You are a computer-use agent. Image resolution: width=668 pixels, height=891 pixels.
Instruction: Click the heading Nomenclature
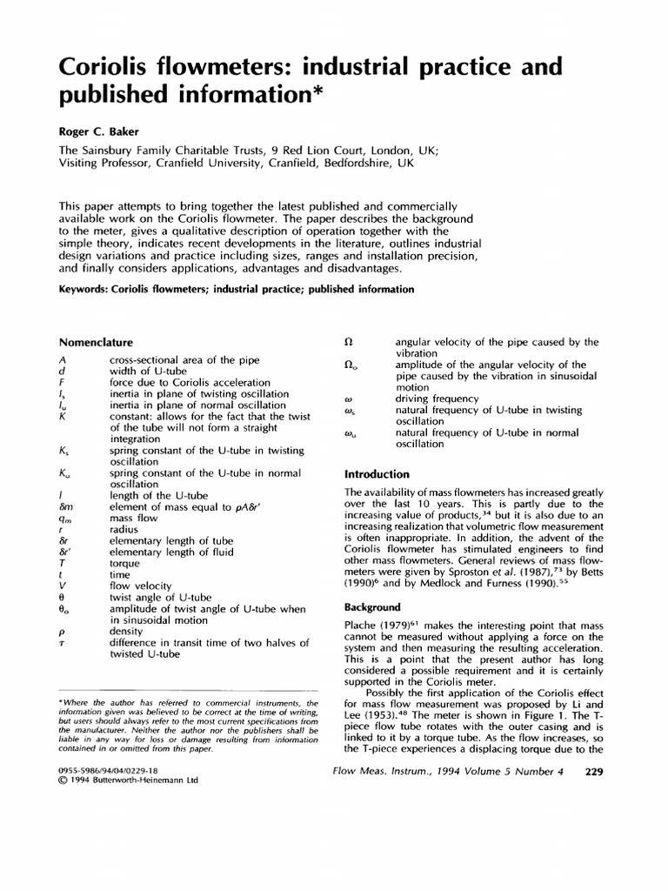(x=96, y=342)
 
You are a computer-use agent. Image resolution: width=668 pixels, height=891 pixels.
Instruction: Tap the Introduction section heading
(x=377, y=474)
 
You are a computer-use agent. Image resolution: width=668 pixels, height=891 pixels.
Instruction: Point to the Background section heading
(x=373, y=606)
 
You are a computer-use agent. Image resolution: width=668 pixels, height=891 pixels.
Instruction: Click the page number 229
(x=595, y=771)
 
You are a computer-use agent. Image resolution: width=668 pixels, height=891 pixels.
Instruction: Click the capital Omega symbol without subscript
(x=349, y=342)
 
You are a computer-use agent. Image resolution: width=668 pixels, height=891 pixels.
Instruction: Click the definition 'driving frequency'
(x=437, y=399)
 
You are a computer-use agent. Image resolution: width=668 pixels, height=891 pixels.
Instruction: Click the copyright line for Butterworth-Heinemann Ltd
(x=128, y=780)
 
